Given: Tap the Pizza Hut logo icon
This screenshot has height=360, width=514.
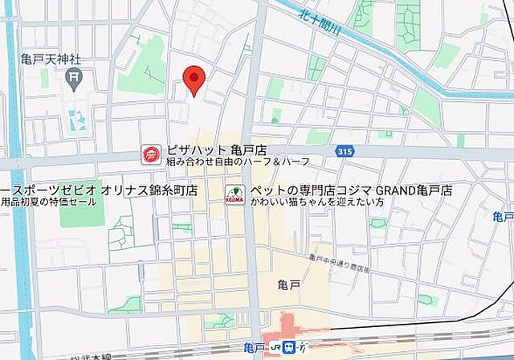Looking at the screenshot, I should tap(150, 153).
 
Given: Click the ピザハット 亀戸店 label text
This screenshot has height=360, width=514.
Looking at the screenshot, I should tap(215, 149).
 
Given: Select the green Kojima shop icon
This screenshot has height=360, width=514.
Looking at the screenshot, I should tap(235, 194).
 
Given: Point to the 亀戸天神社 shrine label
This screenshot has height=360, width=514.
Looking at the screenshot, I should tap(54, 58).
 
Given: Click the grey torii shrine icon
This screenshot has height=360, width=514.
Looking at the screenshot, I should tap(74, 78).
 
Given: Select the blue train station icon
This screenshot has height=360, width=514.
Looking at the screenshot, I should tap(302, 347).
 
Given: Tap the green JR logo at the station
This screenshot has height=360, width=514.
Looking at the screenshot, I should tap(288, 347).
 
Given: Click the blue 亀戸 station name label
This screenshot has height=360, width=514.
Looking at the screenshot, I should tap(256, 347).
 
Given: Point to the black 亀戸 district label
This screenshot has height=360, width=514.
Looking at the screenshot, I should tap(288, 284).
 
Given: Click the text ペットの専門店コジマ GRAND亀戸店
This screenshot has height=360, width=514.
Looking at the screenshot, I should tap(351, 190).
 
